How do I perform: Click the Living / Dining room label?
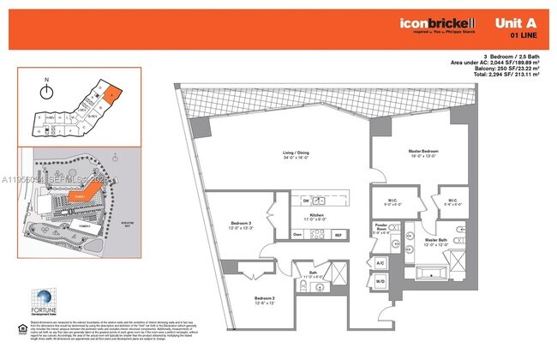(x=295, y=155)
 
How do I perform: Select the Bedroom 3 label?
(x=241, y=225)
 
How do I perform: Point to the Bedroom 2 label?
(x=265, y=300)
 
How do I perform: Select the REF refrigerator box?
(x=338, y=234)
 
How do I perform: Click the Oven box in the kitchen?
(x=297, y=234)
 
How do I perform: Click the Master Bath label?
(x=436, y=242)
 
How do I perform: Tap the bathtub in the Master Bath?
(x=428, y=274)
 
